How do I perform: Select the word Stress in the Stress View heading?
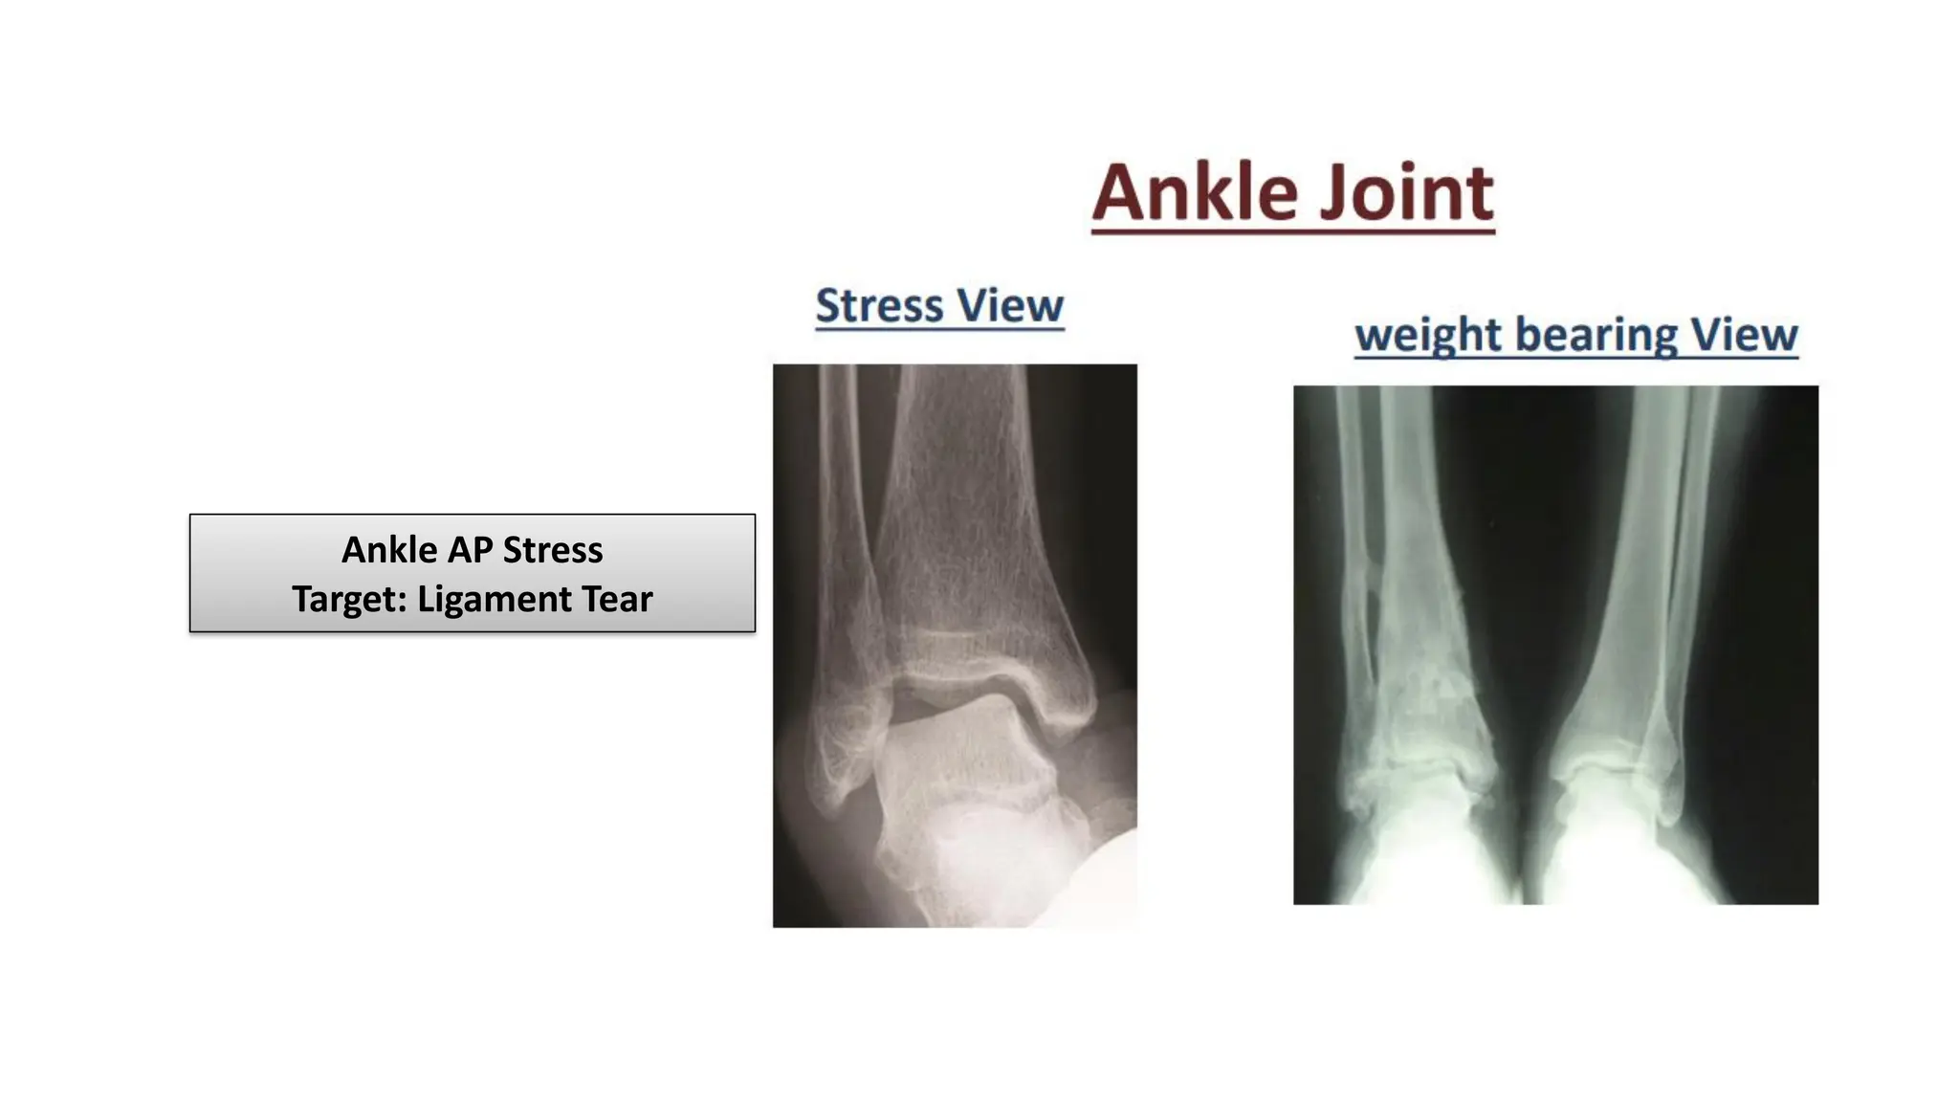tap(879, 306)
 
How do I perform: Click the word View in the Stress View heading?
tap(1011, 306)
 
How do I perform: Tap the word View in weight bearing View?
tap(1744, 335)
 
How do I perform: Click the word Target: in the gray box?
tap(349, 599)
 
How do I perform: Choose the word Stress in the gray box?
tap(552, 550)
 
